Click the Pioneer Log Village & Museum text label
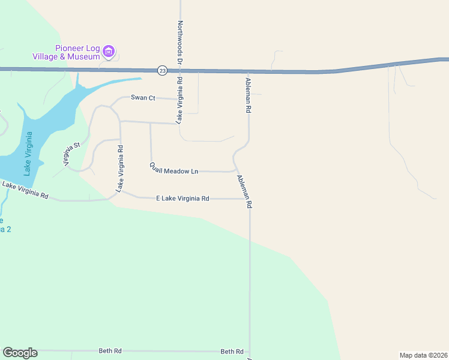click(x=66, y=53)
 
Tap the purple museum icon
click(x=109, y=52)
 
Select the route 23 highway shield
click(x=162, y=70)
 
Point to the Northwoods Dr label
click(x=179, y=43)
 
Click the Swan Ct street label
click(x=143, y=97)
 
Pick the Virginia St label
click(x=71, y=154)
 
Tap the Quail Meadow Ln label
click(x=174, y=168)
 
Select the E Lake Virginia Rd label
click(x=182, y=198)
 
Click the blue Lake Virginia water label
click(x=28, y=153)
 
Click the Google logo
click(x=20, y=353)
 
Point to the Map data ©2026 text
click(x=423, y=355)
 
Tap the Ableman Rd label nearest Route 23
click(x=247, y=95)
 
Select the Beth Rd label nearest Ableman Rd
click(x=232, y=352)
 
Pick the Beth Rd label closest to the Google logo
click(x=110, y=351)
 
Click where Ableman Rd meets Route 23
click(x=247, y=71)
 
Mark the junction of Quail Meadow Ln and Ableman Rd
click(x=235, y=171)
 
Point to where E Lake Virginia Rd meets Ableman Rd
click(x=250, y=199)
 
